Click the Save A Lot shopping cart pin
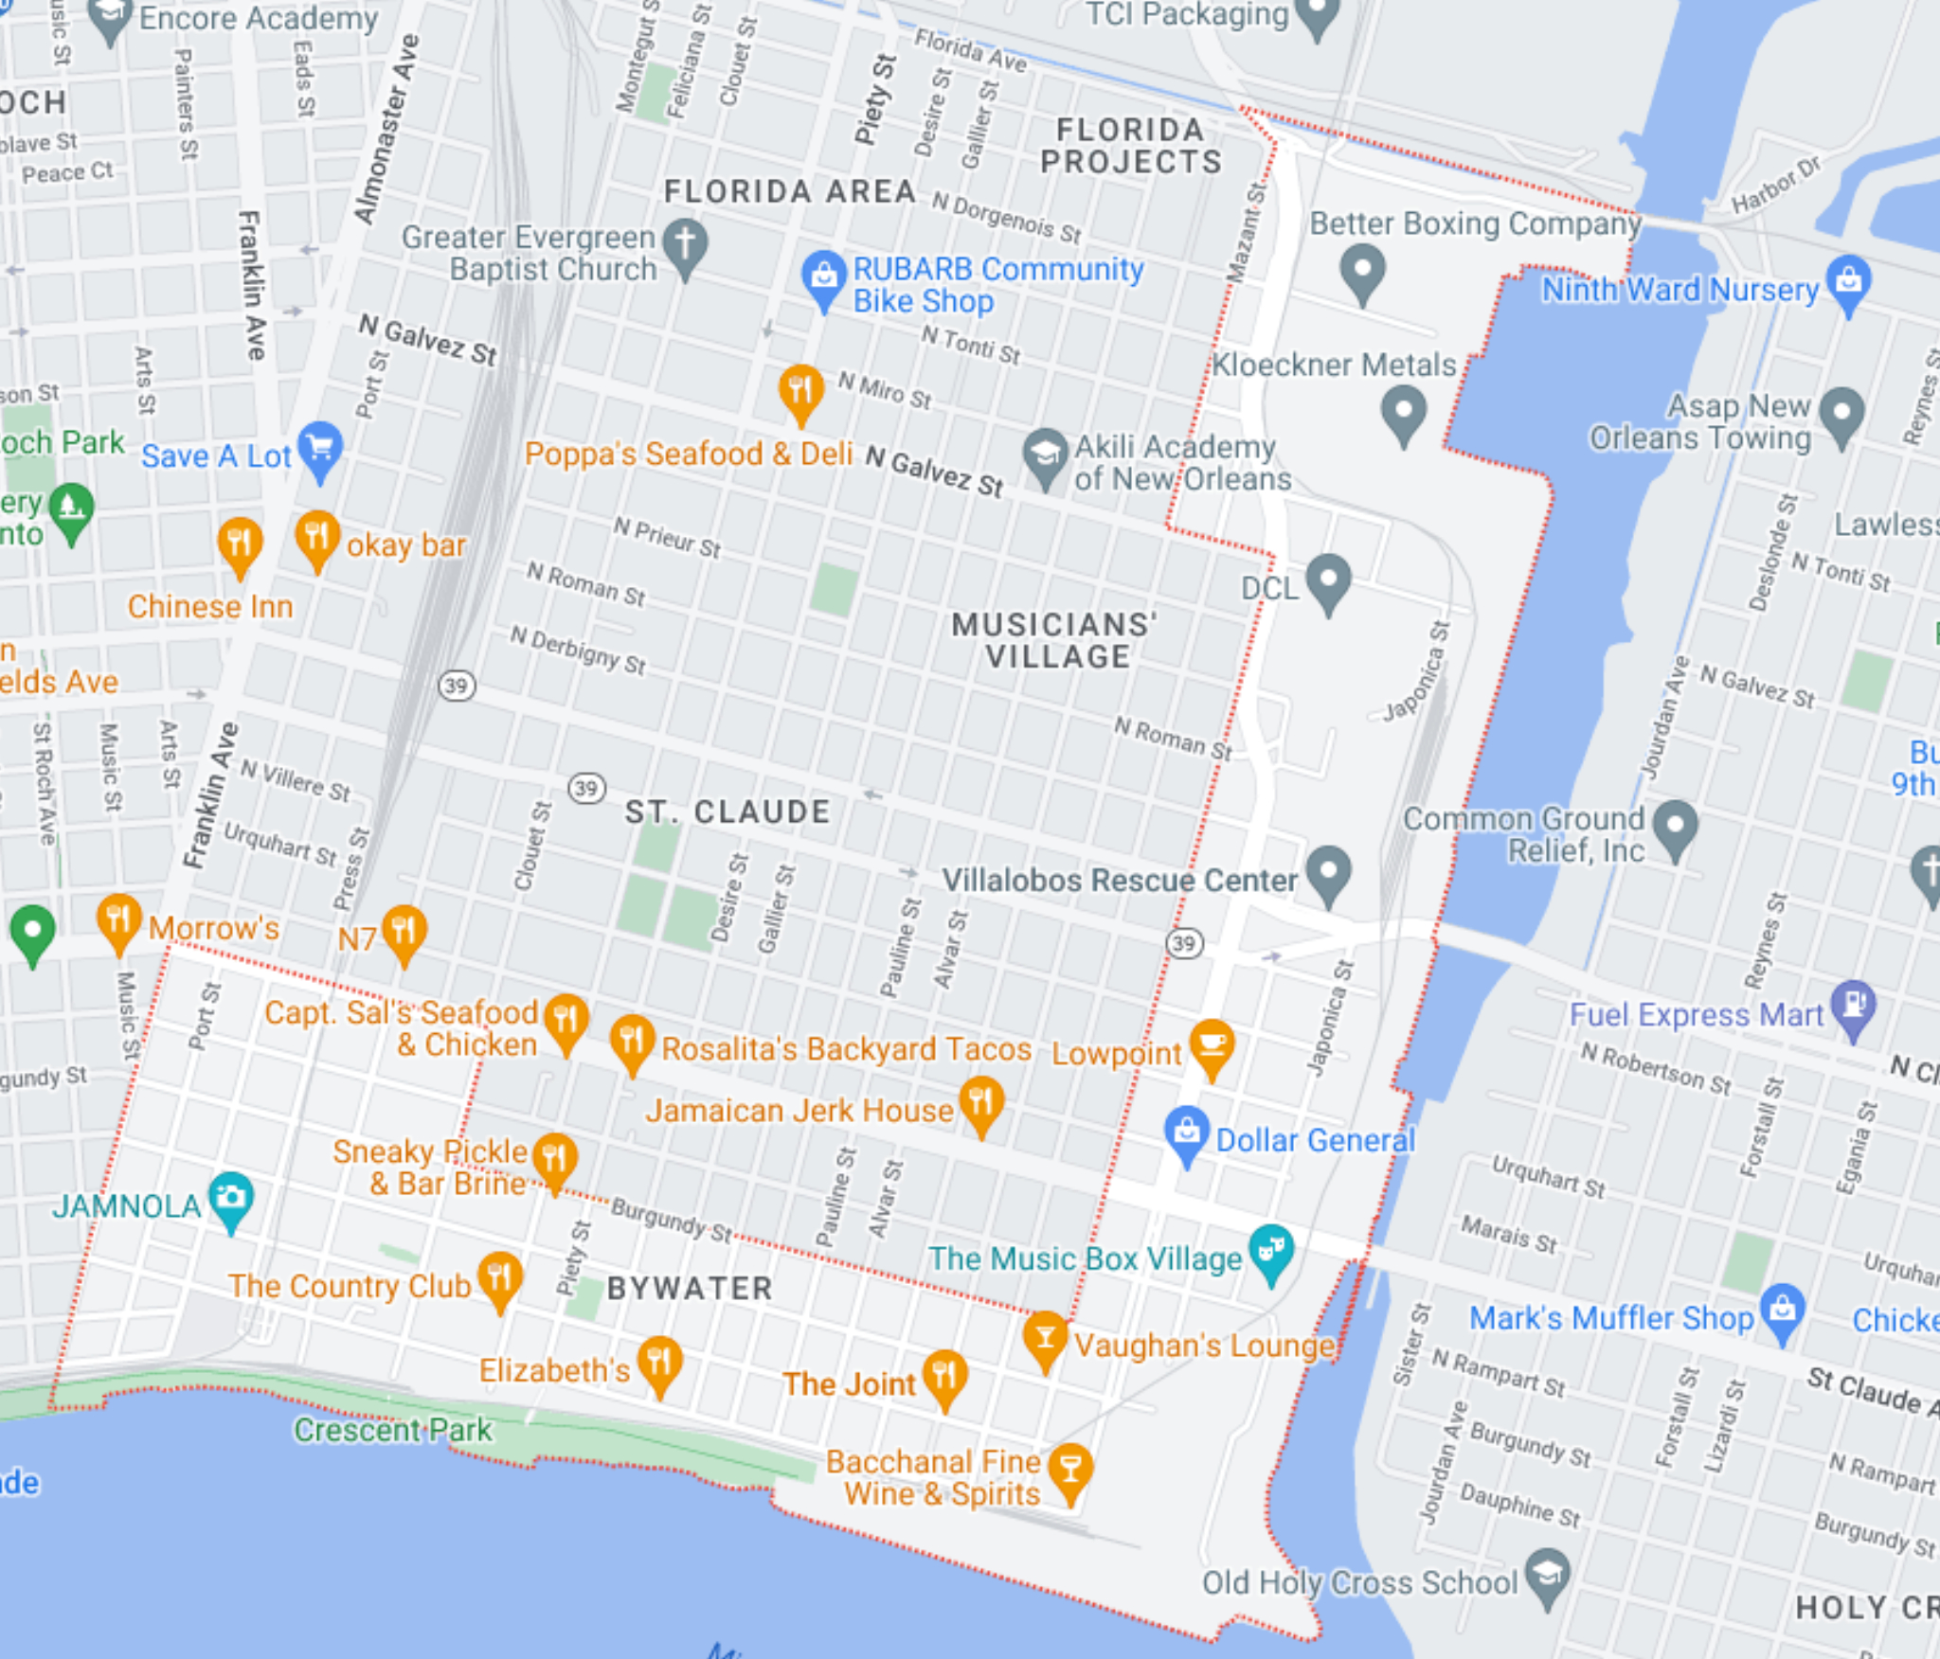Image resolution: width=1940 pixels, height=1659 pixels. point(320,447)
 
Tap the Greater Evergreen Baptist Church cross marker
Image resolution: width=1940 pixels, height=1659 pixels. point(685,245)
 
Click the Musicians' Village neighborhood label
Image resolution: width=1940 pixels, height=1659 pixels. point(1055,640)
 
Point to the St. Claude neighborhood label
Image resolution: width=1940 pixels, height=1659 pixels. point(727,812)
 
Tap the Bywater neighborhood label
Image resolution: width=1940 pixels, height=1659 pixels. point(690,1288)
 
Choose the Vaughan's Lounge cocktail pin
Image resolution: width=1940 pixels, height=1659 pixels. point(1045,1338)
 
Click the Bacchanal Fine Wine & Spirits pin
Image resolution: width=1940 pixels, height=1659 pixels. point(1070,1470)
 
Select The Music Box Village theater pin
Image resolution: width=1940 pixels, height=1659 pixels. point(1271,1252)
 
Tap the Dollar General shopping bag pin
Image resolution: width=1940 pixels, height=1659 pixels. point(1187,1133)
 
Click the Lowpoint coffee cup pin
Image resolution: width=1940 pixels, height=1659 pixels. point(1212,1046)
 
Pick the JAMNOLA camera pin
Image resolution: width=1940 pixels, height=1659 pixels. point(231,1199)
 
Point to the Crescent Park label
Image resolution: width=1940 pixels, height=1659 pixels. point(392,1429)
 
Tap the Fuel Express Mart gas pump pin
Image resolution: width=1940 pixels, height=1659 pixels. point(1853,1007)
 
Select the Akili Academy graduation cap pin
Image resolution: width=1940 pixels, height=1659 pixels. point(1045,455)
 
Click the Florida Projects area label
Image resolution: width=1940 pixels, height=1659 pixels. point(1130,146)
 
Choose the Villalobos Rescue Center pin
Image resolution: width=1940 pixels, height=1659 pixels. point(1328,872)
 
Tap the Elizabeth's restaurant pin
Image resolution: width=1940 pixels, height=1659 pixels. point(659,1363)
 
